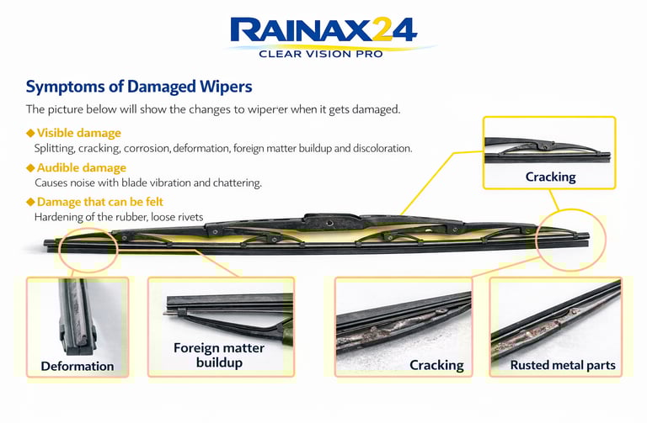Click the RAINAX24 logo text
(x=323, y=32)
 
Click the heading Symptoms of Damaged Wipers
(x=139, y=87)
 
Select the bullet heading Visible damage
(x=78, y=133)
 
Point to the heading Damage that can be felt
(x=100, y=202)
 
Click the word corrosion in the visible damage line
(x=147, y=149)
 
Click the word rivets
(x=188, y=217)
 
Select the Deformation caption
(x=77, y=366)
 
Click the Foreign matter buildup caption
(x=219, y=355)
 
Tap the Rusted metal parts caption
(x=563, y=366)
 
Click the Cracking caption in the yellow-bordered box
(x=550, y=177)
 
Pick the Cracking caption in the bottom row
(x=436, y=365)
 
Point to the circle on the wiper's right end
(x=570, y=241)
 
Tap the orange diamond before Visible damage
(x=30, y=133)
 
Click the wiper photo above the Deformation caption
(x=77, y=316)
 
